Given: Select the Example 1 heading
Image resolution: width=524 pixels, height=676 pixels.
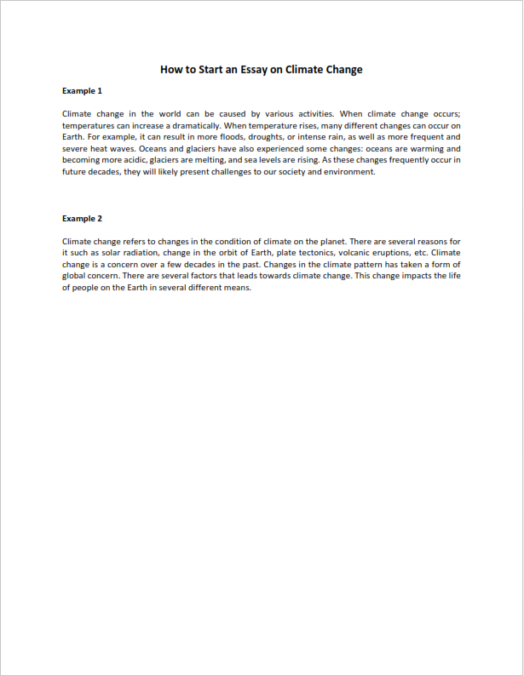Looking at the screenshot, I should (x=82, y=90).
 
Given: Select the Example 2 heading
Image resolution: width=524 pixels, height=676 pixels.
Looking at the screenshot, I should (x=82, y=219).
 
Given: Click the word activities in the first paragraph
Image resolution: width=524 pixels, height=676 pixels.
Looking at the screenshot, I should (x=311, y=113).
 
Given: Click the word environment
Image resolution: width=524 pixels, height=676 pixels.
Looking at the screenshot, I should (x=345, y=171).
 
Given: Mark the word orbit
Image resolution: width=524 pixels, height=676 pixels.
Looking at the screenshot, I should (x=230, y=253).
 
